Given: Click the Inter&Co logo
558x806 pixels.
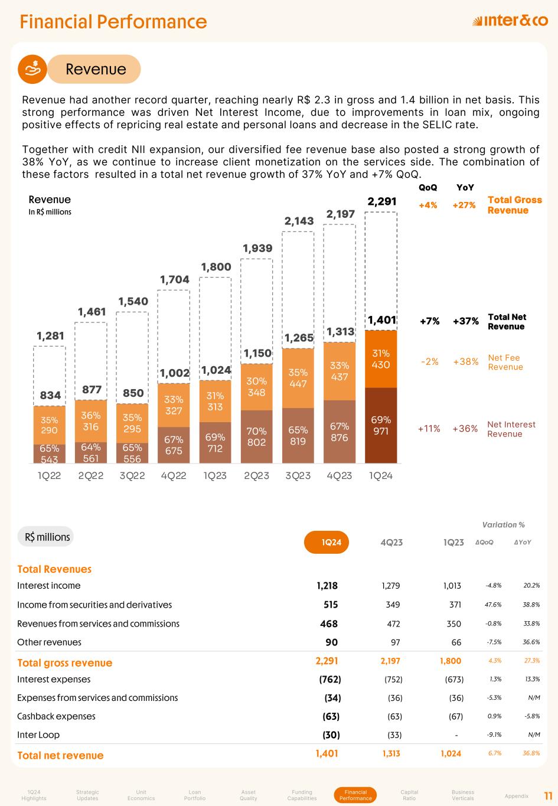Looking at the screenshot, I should [x=510, y=21].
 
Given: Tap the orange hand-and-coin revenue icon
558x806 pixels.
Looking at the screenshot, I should [x=34, y=69].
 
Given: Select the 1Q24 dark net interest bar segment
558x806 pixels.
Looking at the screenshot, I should [x=381, y=425].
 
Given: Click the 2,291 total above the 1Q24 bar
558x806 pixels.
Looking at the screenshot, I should [x=381, y=202].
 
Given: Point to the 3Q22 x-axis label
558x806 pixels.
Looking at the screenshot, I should [x=132, y=475].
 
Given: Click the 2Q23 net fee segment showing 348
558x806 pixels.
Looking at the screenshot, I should [x=256, y=387].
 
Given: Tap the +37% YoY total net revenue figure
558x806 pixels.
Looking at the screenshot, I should [x=465, y=321].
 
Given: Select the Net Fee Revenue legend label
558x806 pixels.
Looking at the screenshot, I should [x=505, y=362].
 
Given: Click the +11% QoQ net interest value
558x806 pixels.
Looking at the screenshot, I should [x=429, y=429].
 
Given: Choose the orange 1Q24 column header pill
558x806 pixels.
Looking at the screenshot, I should [x=327, y=542].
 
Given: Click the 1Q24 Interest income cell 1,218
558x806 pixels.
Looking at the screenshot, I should [x=327, y=586].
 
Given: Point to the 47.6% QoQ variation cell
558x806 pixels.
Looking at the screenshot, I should [x=493, y=605].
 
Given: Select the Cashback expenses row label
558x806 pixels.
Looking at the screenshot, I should [x=56, y=716].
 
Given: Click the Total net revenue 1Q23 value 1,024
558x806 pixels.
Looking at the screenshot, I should [x=451, y=753].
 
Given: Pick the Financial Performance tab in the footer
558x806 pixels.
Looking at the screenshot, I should [x=355, y=795].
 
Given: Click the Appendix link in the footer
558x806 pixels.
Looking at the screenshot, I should [x=517, y=796].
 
